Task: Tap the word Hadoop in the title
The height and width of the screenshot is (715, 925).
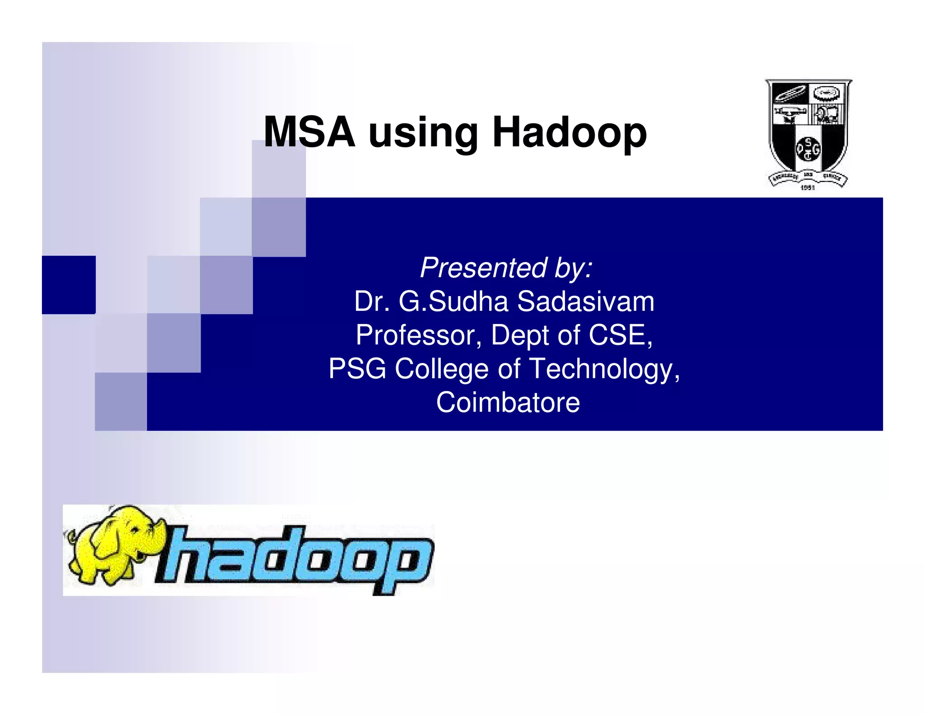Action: coord(570,132)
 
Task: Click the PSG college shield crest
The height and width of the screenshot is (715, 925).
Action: coord(808,129)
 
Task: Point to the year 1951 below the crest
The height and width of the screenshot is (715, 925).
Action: coord(808,187)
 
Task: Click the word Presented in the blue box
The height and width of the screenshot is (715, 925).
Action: coord(483,268)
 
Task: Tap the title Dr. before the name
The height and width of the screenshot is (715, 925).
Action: coord(372,301)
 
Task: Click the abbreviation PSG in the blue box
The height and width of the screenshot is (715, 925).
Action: coord(357,369)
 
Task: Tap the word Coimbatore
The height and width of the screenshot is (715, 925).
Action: coord(508,402)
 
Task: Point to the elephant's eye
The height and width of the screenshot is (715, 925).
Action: coord(135,530)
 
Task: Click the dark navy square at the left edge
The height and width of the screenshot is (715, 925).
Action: coord(69,285)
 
